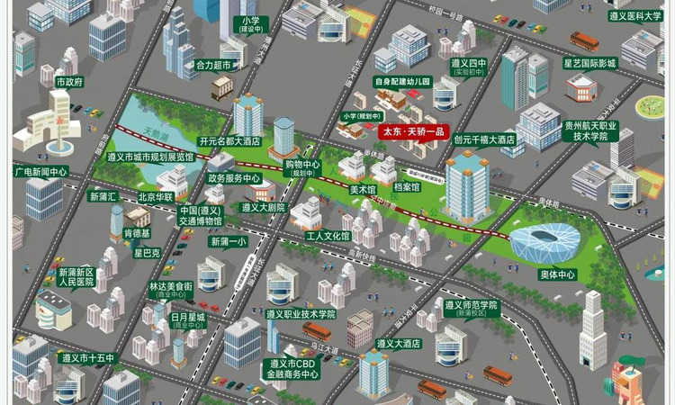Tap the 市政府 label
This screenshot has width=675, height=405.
coord(69,82)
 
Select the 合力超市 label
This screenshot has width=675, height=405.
coord(214,66)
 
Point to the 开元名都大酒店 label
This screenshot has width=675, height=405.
coord(229,141)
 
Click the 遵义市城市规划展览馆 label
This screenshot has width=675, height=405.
coord(150,157)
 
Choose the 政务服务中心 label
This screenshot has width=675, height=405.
coord(234,178)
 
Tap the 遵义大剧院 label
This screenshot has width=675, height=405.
coord(263,207)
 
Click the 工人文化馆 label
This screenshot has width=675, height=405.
coord(328,237)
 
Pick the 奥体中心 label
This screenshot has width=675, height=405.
coord(558,274)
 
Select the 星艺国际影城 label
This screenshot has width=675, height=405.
coord(589,64)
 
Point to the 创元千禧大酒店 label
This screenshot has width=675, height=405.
coord(484,139)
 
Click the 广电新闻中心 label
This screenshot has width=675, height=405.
coord(40,171)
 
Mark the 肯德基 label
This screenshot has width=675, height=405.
coord(137,233)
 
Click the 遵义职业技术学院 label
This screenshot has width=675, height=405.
coord(301,314)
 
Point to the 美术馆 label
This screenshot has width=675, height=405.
coord(362,189)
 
